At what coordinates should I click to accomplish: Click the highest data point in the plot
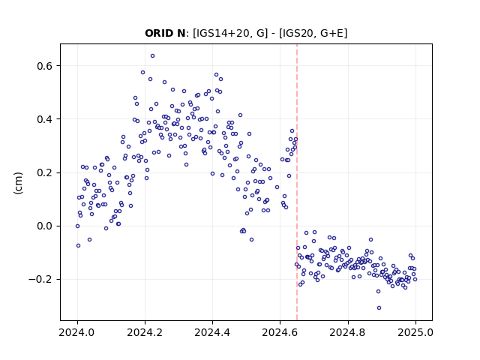tap(152, 56)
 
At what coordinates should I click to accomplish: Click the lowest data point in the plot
tap(379, 308)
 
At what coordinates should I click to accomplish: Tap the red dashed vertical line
tap(297, 182)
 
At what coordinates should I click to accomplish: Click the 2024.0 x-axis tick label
tap(77, 332)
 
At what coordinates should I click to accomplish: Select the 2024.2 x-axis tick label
tap(145, 332)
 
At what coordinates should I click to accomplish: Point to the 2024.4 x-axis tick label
tap(212, 332)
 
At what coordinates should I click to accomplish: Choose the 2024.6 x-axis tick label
tap(280, 332)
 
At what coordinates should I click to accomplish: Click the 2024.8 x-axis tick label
tap(348, 332)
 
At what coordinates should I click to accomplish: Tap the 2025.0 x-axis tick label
tap(415, 332)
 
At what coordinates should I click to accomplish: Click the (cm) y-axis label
tap(18, 183)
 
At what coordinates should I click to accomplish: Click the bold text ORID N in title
tap(165, 33)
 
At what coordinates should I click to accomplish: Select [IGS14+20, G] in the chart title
tap(230, 33)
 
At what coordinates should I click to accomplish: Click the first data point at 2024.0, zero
tap(77, 226)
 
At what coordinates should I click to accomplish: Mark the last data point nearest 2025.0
tap(415, 279)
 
